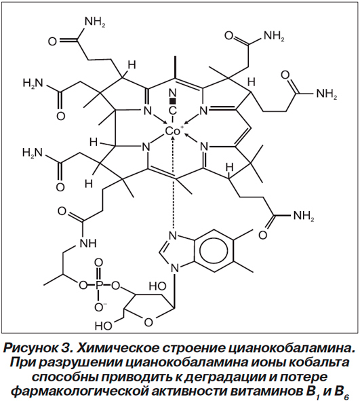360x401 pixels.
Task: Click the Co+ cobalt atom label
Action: [174, 131]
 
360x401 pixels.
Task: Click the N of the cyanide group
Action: [173, 93]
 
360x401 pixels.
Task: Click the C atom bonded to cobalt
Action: [173, 111]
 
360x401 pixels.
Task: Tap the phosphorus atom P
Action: [99, 285]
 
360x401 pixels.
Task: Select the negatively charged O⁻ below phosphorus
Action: [100, 307]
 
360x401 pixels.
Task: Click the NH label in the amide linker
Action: [88, 243]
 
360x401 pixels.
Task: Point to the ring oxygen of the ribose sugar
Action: [148, 322]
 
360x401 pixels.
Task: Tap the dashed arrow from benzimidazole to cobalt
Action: [174, 182]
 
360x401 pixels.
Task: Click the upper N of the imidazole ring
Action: [174, 235]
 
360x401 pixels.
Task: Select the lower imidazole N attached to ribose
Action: [174, 268]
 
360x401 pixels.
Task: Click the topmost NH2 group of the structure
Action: [95, 22]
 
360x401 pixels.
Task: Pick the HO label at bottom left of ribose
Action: [103, 326]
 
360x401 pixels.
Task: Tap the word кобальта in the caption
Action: [316, 363]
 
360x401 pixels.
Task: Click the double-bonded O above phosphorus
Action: [98, 263]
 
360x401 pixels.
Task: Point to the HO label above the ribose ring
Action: [158, 286]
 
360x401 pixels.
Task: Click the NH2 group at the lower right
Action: [304, 216]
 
